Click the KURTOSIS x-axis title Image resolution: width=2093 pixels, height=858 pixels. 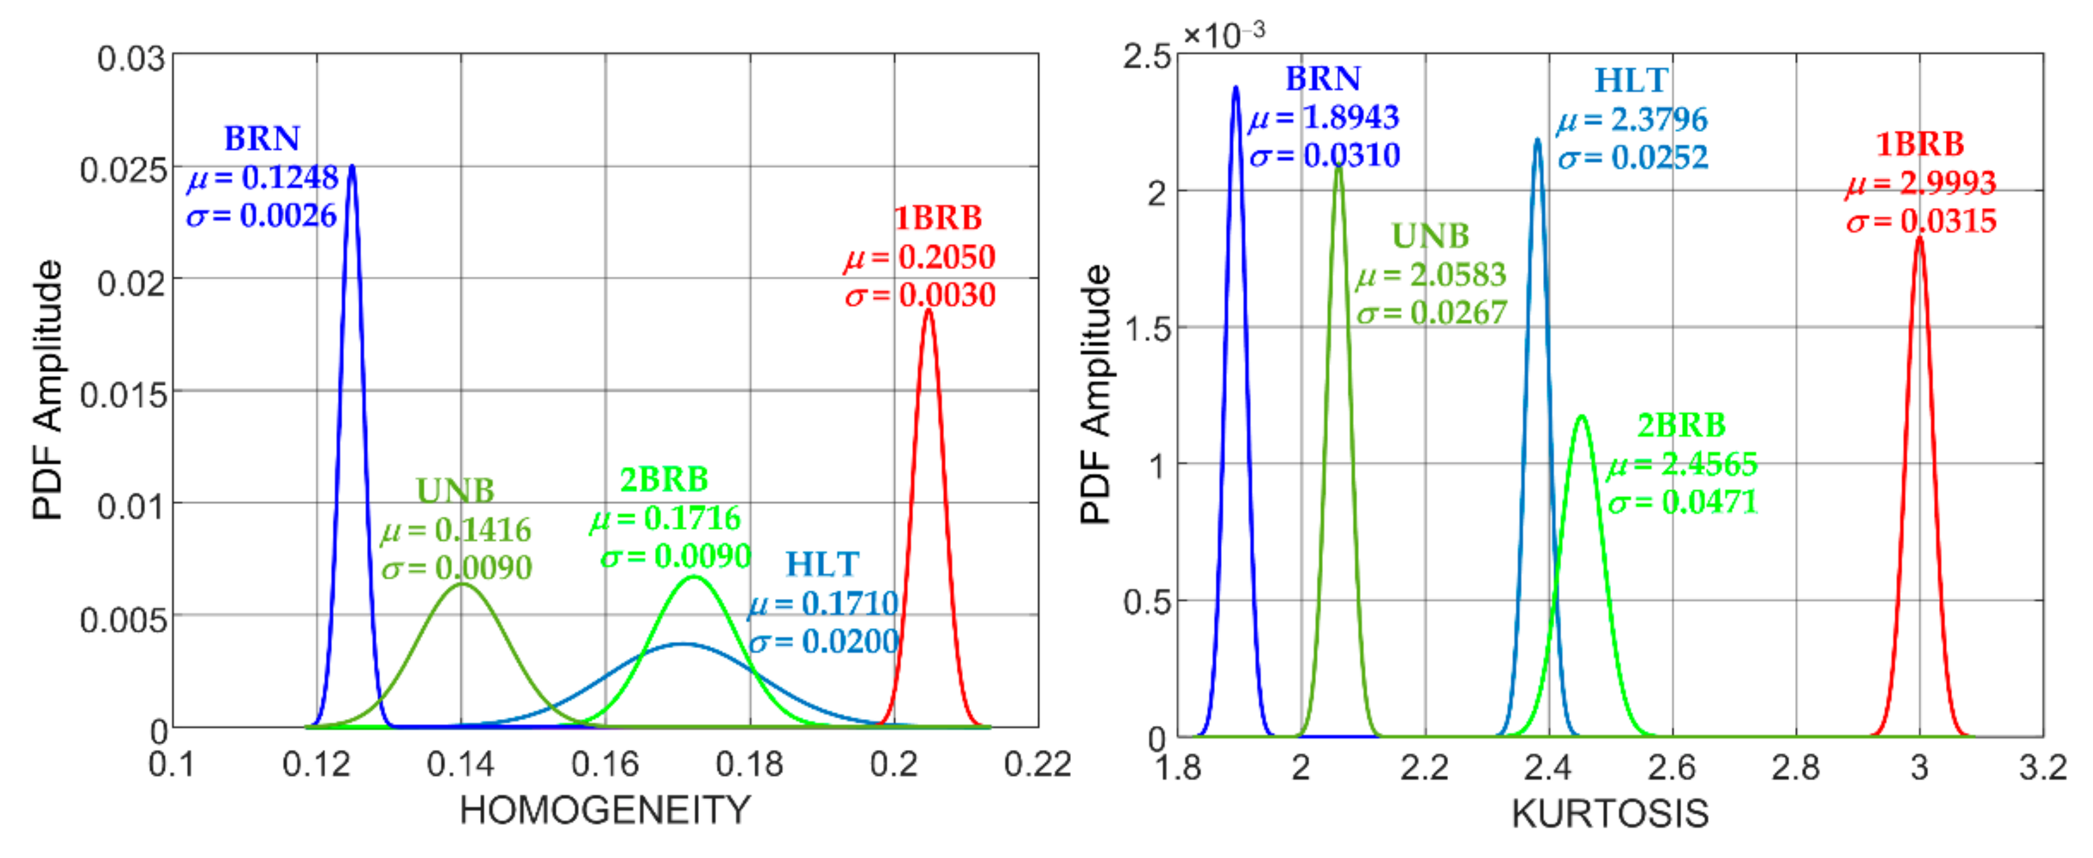point(1610,813)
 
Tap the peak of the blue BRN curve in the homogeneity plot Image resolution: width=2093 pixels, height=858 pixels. point(352,167)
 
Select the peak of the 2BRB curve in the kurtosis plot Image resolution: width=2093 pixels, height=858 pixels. point(1581,417)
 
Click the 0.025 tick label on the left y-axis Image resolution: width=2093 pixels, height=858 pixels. point(123,170)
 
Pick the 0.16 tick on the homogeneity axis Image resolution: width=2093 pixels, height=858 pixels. point(605,764)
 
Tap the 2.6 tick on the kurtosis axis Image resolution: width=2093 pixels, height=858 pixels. point(1672,767)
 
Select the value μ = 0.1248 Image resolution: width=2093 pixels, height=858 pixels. point(263,178)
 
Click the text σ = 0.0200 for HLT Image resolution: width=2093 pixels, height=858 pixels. point(824,642)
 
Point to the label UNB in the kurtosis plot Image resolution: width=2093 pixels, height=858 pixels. point(1430,236)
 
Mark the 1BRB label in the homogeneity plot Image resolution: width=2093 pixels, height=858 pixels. point(938,217)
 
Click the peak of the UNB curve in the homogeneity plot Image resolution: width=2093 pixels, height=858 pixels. point(461,584)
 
